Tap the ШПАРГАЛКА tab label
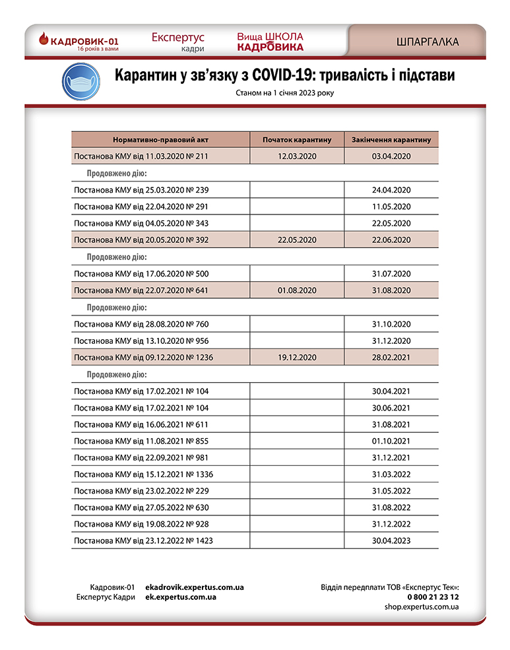[x=428, y=42]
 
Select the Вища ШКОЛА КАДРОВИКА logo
[x=271, y=41]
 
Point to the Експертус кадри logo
[x=178, y=42]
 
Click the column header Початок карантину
[x=297, y=139]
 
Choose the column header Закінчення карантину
[x=391, y=139]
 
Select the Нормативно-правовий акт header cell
[x=160, y=139]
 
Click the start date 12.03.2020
[x=298, y=156]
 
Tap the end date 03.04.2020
[x=391, y=156]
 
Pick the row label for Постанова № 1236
[x=143, y=358]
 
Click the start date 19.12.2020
[x=298, y=358]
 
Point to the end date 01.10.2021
[x=391, y=441]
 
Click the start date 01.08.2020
[x=298, y=290]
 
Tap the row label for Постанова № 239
[x=141, y=190]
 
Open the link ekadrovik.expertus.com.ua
[x=195, y=587]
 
